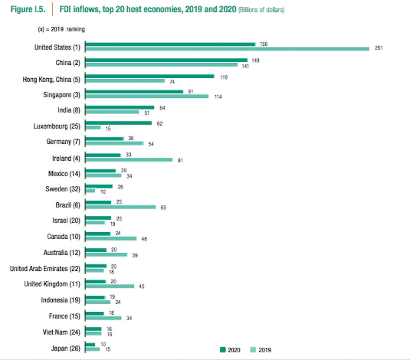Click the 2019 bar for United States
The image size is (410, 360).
227,49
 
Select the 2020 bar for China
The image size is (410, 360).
166,60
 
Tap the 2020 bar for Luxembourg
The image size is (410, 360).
118,123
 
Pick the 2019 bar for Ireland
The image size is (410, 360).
128,160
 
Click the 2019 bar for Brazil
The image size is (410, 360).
120,207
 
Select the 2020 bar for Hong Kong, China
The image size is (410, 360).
150,76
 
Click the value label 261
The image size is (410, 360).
379,48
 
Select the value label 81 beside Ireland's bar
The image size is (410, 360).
180,160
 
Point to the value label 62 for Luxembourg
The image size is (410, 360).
159,124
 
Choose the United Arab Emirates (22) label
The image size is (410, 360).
45,269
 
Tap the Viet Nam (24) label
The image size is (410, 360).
61,332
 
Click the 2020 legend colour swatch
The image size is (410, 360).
223,350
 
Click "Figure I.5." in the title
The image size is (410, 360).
28,10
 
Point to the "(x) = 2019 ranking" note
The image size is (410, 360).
61,30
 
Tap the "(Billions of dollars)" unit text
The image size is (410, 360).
261,11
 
